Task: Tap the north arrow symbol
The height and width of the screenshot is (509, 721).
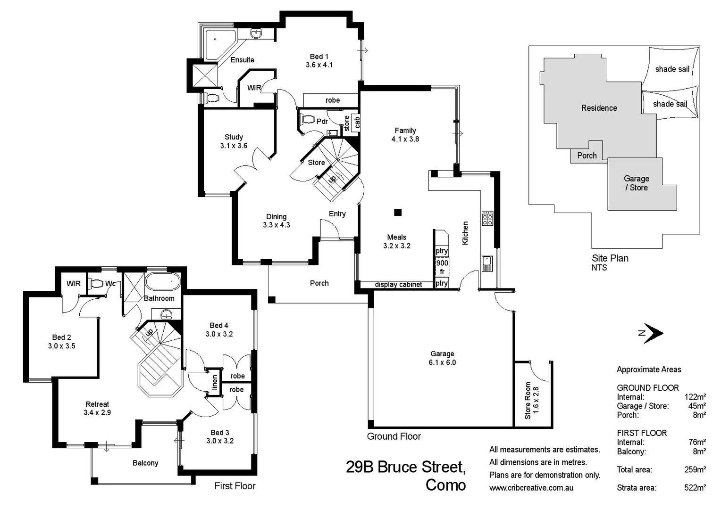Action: [652, 333]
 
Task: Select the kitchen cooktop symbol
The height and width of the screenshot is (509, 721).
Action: [487, 219]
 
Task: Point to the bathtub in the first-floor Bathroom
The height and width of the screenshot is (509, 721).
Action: [162, 282]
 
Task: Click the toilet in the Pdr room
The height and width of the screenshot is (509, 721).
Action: [308, 119]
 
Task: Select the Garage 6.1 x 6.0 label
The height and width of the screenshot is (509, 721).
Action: [442, 358]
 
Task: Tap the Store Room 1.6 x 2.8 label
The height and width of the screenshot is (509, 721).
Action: [531, 400]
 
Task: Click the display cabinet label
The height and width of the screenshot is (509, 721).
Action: [398, 285]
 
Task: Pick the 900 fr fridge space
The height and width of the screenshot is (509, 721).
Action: [442, 267]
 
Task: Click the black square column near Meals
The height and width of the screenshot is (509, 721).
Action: [398, 213]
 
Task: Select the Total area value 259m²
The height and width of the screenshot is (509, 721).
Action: [695, 470]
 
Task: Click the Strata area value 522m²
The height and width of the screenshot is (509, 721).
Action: [695, 488]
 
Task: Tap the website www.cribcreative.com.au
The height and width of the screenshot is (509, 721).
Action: [531, 488]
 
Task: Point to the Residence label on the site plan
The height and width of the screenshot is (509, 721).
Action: [599, 108]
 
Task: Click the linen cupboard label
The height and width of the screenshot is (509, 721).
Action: [215, 382]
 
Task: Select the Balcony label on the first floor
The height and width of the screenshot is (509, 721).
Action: [145, 463]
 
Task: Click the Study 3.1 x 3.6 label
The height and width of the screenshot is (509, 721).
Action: [234, 141]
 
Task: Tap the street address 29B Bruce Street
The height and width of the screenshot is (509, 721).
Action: [406, 467]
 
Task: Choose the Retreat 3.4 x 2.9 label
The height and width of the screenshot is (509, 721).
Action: [97, 408]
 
